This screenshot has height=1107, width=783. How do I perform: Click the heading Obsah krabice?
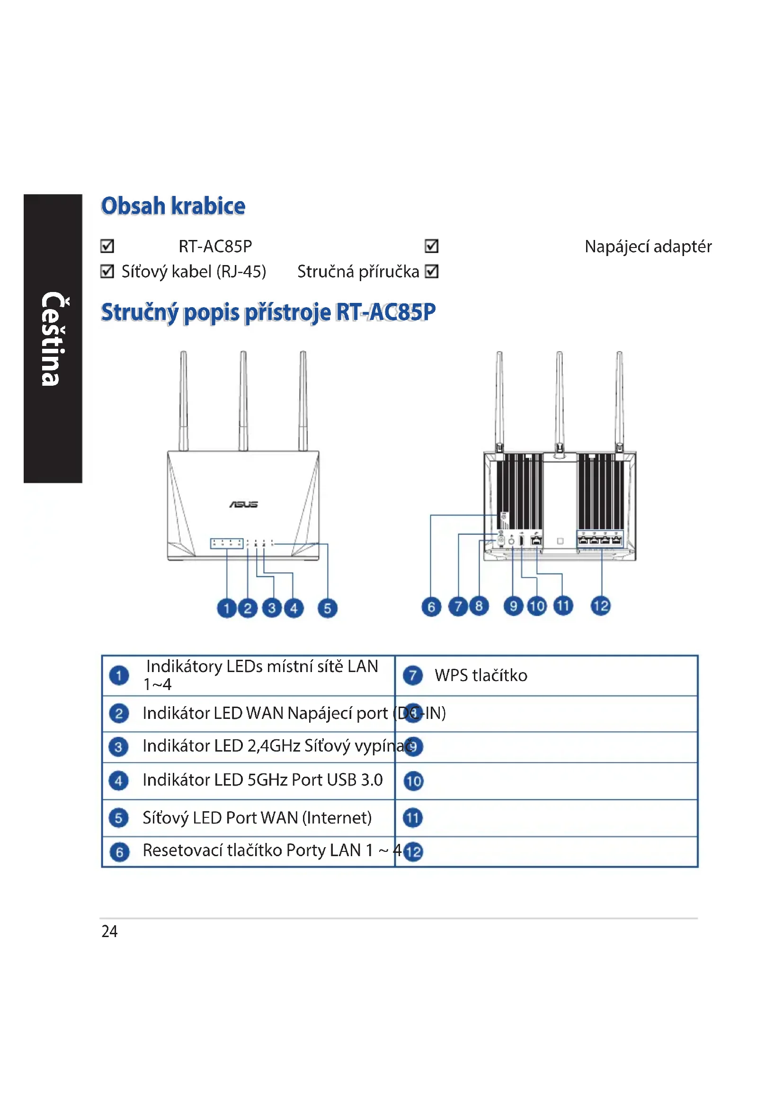coord(173,206)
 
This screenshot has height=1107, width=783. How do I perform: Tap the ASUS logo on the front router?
coord(243,505)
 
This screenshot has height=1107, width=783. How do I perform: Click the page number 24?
coord(109,931)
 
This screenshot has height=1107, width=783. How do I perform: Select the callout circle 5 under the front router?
coord(328,608)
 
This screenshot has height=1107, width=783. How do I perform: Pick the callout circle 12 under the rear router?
coord(601,606)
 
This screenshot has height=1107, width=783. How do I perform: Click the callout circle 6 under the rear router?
coord(431,607)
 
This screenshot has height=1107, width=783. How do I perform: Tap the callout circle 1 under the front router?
coord(227,608)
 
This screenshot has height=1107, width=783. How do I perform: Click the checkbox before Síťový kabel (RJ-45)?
coord(107,272)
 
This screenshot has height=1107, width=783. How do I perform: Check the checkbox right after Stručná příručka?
coord(432,272)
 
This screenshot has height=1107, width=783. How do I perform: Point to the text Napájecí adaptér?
coord(648,247)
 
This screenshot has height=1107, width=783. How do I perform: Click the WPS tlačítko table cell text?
coord(480,675)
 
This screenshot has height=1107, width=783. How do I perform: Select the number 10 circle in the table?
coord(413,781)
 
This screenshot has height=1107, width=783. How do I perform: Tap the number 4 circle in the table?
coord(119,780)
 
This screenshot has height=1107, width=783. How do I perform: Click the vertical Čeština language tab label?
coord(52,338)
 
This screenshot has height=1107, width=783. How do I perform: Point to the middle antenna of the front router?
coord(243,400)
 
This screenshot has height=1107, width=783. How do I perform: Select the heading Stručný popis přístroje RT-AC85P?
coord(268,312)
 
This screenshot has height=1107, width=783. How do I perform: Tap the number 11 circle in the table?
coord(413,818)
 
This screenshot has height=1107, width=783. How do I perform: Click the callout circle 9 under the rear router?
coord(513,606)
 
